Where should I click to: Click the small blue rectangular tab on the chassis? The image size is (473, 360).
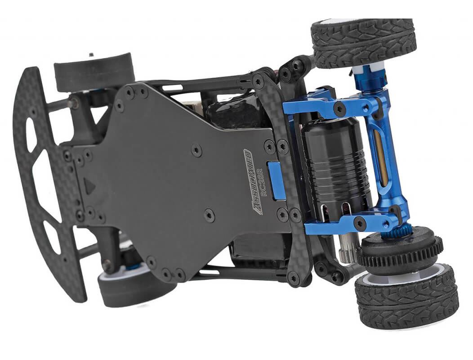(276, 180)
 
